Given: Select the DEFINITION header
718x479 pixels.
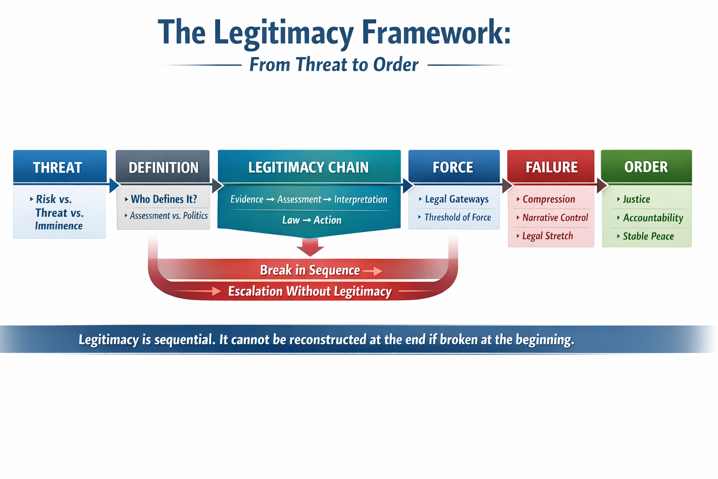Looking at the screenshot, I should click(163, 167).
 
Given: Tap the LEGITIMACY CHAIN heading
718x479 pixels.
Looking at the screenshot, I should click(309, 167).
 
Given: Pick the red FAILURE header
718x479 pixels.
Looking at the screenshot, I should click(551, 167).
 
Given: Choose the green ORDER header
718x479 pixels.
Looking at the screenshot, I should click(646, 167).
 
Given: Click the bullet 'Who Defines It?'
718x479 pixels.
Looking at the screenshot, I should click(164, 199).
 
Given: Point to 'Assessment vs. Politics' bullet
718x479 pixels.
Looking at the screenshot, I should click(168, 216).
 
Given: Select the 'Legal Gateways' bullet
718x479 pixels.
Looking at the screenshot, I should click(456, 199).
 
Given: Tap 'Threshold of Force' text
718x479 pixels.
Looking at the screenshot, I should click(457, 218).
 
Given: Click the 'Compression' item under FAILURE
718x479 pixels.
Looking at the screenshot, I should click(548, 199).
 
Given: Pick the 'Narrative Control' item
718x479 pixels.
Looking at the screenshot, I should click(555, 218).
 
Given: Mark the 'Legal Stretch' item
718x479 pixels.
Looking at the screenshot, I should click(547, 236).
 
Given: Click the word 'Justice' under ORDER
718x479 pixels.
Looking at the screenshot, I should click(636, 199).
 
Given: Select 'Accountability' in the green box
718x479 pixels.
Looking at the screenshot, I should click(653, 218).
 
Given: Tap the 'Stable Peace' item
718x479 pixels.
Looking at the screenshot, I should click(648, 236).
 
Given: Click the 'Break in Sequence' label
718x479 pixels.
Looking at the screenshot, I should click(310, 270).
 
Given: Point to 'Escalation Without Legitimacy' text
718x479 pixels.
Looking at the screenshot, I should click(309, 291).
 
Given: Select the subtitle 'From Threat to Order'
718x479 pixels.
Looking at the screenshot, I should click(334, 65).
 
